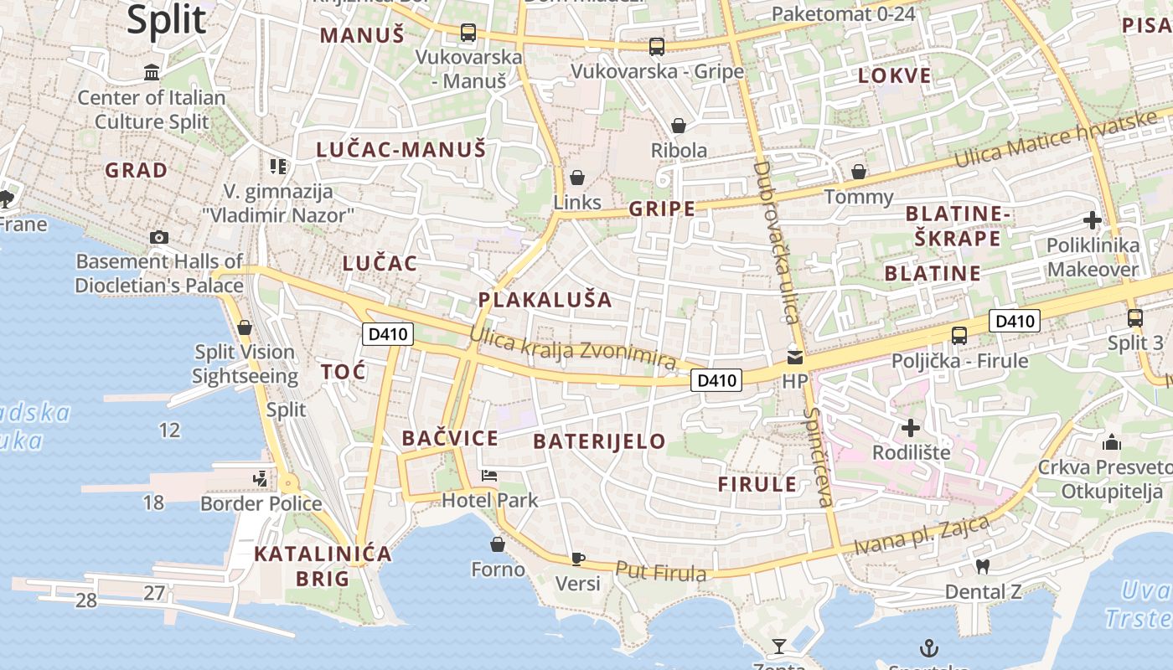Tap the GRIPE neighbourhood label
[x=662, y=209]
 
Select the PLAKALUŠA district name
[x=545, y=300]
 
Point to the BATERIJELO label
[x=599, y=441]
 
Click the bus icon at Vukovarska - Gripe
[x=657, y=47]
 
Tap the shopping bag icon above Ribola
[x=679, y=126]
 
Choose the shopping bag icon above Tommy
[x=859, y=172]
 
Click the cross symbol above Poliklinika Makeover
[x=1093, y=220]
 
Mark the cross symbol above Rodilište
[x=911, y=428]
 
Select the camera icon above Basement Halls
[x=159, y=237]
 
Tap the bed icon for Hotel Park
[x=489, y=476]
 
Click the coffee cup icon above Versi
[x=577, y=558]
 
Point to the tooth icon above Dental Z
[x=984, y=566]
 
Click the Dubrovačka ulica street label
[x=774, y=243]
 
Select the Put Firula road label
[x=661, y=572]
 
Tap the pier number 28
[x=86, y=600]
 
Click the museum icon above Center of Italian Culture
[x=152, y=73]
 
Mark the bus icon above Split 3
[x=1135, y=318]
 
